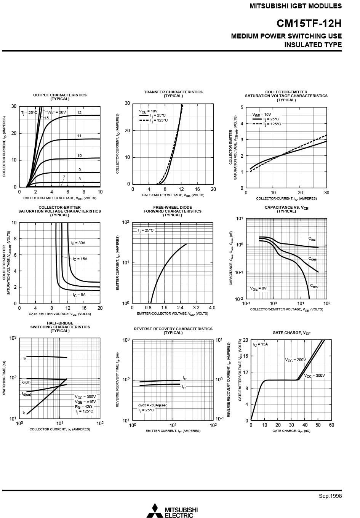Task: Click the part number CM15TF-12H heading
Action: pyautogui.click(x=309, y=24)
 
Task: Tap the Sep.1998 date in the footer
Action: pyautogui.click(x=330, y=496)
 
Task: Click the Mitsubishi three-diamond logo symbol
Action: pyautogui.click(x=155, y=510)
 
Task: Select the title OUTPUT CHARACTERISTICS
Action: pyautogui.click(x=60, y=95)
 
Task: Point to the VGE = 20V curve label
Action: pyautogui.click(x=56, y=112)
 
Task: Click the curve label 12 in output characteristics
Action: pyautogui.click(x=79, y=113)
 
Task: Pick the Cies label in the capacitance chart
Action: pyautogui.click(x=312, y=239)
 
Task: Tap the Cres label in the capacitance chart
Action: pyautogui.click(x=314, y=286)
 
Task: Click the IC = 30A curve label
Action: pyautogui.click(x=78, y=243)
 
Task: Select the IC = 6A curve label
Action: pyautogui.click(x=79, y=295)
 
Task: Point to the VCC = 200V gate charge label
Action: pyautogui.click(x=296, y=360)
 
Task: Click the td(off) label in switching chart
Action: pyautogui.click(x=26, y=382)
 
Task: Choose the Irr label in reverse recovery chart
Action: pyautogui.click(x=185, y=378)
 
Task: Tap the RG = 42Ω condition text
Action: pyautogui.click(x=83, y=406)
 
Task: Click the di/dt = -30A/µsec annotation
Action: pyautogui.click(x=153, y=405)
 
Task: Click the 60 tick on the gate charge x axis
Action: pyautogui.click(x=331, y=425)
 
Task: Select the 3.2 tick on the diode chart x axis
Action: pyautogui.click(x=196, y=308)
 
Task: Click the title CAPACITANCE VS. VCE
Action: pyautogui.click(x=286, y=207)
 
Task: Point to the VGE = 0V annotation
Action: pyautogui.click(x=258, y=288)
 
